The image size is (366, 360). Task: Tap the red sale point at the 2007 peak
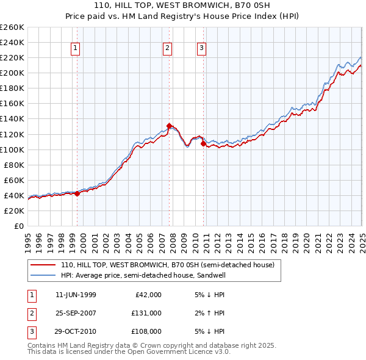170,126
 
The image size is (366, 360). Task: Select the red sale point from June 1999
77,193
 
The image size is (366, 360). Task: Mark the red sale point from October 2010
203,143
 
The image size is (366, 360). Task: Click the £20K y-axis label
13,211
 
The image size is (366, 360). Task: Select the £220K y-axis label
12,57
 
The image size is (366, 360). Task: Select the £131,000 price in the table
146,313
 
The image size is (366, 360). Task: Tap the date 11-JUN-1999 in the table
76,295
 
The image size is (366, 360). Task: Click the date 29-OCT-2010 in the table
76,331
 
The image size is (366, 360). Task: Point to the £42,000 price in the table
148,295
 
